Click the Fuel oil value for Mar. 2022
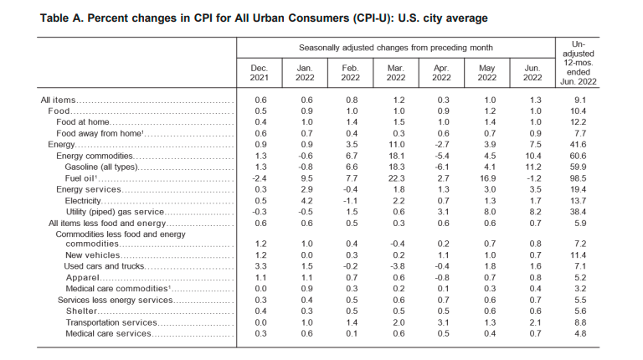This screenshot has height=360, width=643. coord(398,178)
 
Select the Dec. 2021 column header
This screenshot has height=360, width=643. coord(260,73)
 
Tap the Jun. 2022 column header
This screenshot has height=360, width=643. coord(532,73)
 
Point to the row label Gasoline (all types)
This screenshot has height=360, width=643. coord(101,167)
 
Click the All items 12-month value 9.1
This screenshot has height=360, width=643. coord(580,100)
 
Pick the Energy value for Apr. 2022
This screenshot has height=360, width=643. coord(442,145)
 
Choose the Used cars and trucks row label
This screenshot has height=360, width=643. coord(104,266)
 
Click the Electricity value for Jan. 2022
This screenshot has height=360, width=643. coord(306,201)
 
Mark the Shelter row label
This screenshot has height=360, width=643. coord(81,311)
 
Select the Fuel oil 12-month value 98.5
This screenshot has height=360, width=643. coord(578,178)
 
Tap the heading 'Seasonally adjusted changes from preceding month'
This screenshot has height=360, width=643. coord(396,48)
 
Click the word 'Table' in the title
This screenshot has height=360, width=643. coord(54,18)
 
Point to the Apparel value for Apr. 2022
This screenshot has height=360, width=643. coord(442,278)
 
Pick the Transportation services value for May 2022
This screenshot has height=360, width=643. coord(490,322)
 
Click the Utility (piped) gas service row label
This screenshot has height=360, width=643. coord(115,212)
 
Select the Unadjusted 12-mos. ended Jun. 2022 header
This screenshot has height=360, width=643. coord(579,63)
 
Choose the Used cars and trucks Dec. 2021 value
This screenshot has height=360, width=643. coord(261,266)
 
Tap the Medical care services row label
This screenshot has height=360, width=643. coord(108,334)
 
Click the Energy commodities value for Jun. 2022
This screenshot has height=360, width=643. coord(533,157)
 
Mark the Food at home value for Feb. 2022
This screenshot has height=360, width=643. coord(352,122)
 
